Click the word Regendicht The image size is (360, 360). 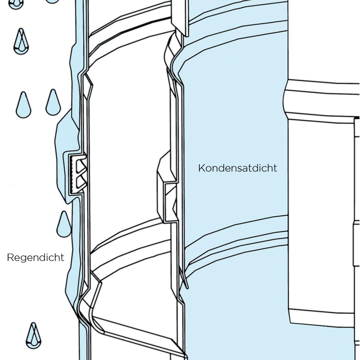tap(35, 258)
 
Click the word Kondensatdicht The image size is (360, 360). tap(238, 168)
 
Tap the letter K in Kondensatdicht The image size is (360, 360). tap(201, 168)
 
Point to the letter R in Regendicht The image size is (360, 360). tap(10, 257)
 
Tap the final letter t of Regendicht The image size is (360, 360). tap(62, 257)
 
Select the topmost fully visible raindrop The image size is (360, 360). tap(21, 41)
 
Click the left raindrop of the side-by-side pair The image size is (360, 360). tap(23, 105)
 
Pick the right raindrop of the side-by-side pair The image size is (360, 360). tap(53, 102)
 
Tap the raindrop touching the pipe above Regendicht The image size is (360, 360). tap(64, 224)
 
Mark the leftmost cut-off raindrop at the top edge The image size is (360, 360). tap(16, 4)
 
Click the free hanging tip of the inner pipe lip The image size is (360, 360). tap(187, 288)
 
